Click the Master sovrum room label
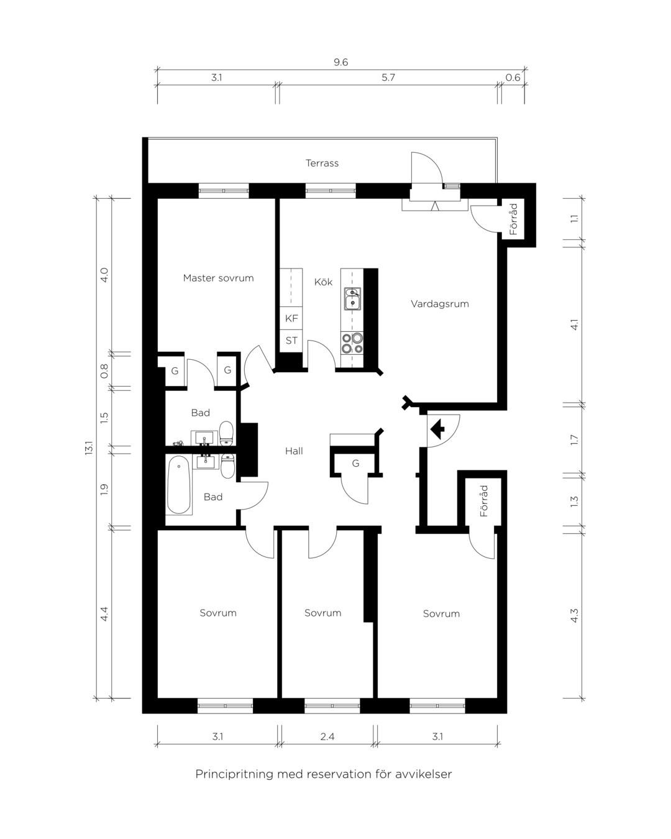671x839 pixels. [x=218, y=278]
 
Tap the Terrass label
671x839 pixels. [x=322, y=163]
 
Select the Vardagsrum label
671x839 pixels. [x=440, y=304]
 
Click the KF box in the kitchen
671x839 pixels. [x=291, y=318]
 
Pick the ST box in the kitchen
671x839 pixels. [x=291, y=341]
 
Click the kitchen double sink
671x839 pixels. [x=352, y=299]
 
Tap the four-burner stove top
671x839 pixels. [x=352, y=343]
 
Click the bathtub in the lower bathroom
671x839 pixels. [x=179, y=485]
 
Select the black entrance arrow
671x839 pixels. [x=437, y=429]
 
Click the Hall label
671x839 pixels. [x=294, y=451]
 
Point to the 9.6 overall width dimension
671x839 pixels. [x=340, y=62]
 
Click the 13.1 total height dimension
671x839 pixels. [x=89, y=447]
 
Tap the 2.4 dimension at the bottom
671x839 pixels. [x=327, y=736]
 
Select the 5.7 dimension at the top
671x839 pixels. [x=388, y=77]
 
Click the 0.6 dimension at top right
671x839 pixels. [x=513, y=77]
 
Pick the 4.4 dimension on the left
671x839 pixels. [x=104, y=615]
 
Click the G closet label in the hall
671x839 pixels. [x=355, y=463]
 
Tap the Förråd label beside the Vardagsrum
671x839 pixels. [x=514, y=219]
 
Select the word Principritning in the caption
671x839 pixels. [x=235, y=774]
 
